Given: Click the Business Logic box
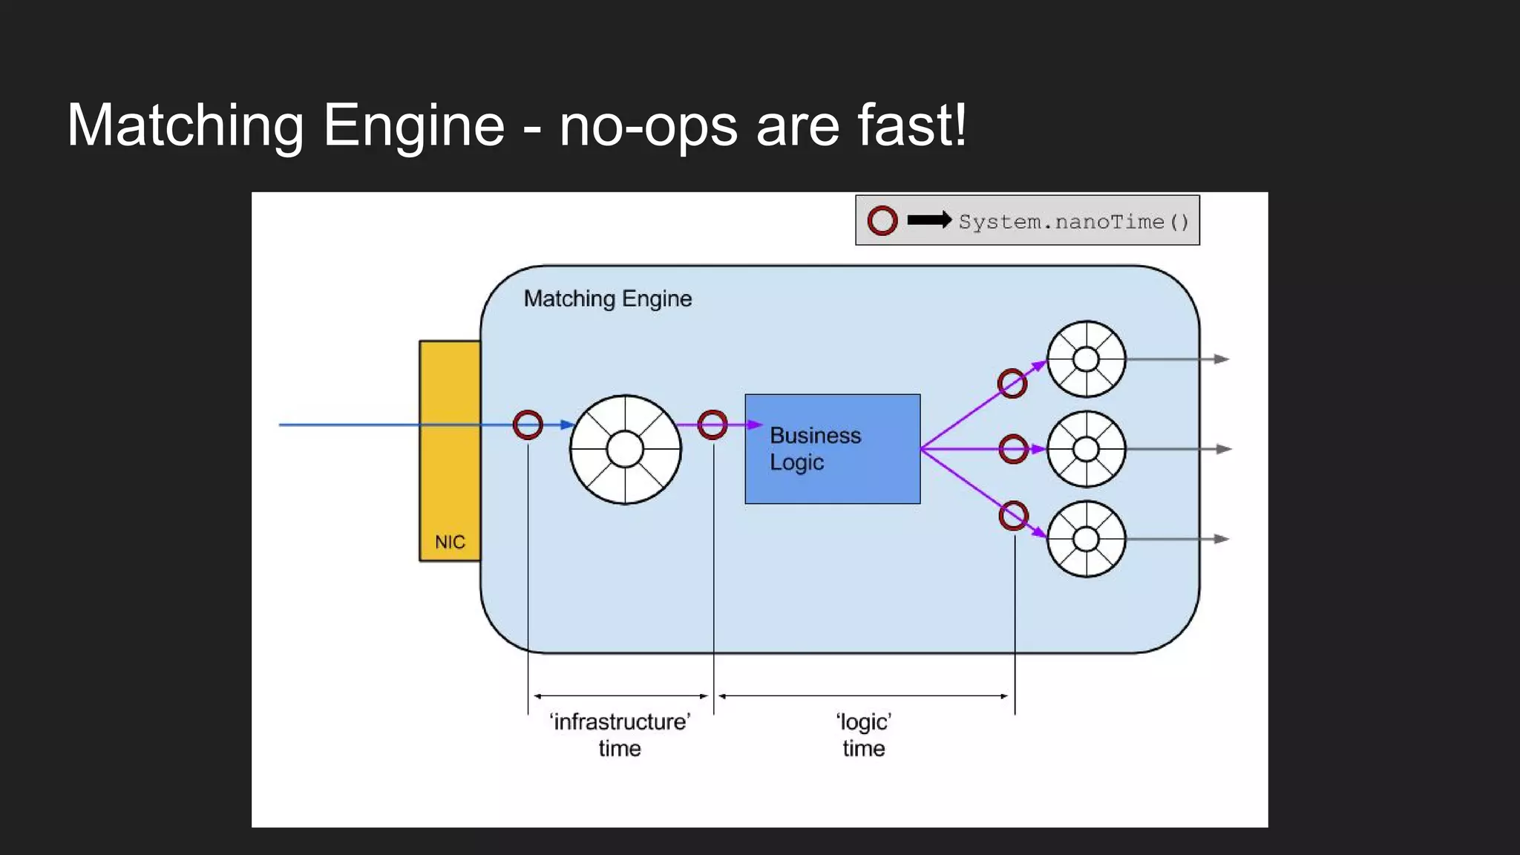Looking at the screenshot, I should pyautogui.click(x=832, y=448).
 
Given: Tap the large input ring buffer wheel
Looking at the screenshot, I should pyautogui.click(x=625, y=450).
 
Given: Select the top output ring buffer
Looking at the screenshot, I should pyautogui.click(x=1086, y=359).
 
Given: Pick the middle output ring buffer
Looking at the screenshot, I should pyautogui.click(x=1086, y=449).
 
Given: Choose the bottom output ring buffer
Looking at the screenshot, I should pyautogui.click(x=1086, y=539).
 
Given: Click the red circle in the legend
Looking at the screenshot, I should pyautogui.click(x=882, y=220).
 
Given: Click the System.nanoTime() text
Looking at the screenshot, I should pyautogui.click(x=1073, y=222).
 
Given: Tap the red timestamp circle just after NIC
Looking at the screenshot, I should pyautogui.click(x=528, y=425).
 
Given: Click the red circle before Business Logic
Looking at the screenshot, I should pyautogui.click(x=712, y=425).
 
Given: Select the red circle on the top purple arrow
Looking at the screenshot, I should pyautogui.click(x=1012, y=384).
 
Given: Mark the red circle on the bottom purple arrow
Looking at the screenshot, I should pyautogui.click(x=1014, y=515).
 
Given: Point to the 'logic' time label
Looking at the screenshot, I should pyautogui.click(x=863, y=735).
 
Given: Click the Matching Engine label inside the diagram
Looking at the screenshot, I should pyautogui.click(x=607, y=298).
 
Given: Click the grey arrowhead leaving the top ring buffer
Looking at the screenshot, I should pyautogui.click(x=1222, y=359).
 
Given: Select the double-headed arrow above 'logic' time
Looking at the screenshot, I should pyautogui.click(x=863, y=696).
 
